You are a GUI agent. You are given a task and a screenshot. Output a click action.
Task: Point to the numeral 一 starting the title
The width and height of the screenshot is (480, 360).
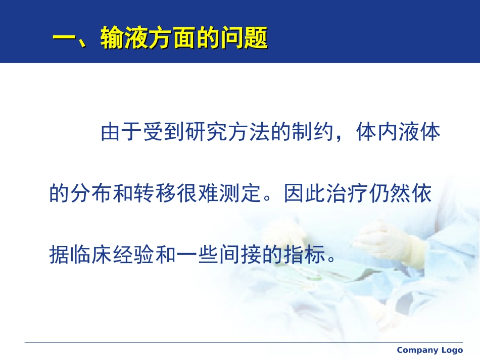65,39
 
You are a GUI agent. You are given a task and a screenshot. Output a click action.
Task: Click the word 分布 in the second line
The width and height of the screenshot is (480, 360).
92,194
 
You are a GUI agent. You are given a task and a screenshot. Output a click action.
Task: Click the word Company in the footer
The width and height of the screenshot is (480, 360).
417,350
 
